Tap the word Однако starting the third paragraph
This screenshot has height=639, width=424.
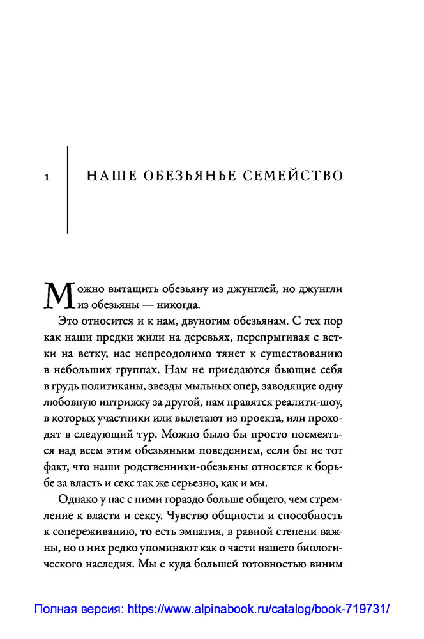pos(74,498)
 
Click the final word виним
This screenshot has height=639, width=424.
pos(326,565)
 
